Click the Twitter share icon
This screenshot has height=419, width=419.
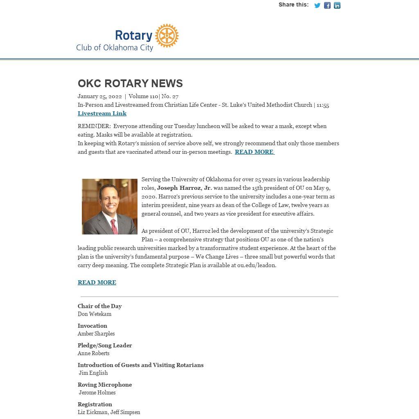[x=317, y=5]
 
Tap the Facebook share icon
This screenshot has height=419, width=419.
[x=327, y=5]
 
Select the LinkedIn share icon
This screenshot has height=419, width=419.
[x=337, y=5]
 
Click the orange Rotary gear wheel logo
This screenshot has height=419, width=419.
[x=167, y=36]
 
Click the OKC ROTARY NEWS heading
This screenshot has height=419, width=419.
[x=130, y=83]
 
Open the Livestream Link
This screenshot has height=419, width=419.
[x=102, y=113]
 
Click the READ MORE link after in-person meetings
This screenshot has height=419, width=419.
[x=254, y=152]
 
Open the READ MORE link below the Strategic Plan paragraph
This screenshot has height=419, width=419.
[x=97, y=282]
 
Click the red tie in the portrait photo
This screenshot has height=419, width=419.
[x=114, y=226]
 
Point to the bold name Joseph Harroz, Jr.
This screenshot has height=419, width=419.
[x=184, y=188]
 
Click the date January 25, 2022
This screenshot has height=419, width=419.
[x=100, y=97]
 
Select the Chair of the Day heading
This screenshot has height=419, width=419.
[x=100, y=306]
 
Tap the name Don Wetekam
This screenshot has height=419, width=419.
[x=95, y=314]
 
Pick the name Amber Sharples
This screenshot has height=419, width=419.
[x=96, y=334]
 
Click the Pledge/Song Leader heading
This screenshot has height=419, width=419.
[x=105, y=345]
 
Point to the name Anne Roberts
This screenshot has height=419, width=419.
[x=94, y=354]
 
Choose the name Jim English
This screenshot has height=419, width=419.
[x=93, y=373]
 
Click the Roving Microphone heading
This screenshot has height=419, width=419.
[x=105, y=385]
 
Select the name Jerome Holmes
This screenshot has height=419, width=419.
[x=97, y=393]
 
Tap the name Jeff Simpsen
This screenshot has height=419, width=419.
[x=125, y=412]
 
